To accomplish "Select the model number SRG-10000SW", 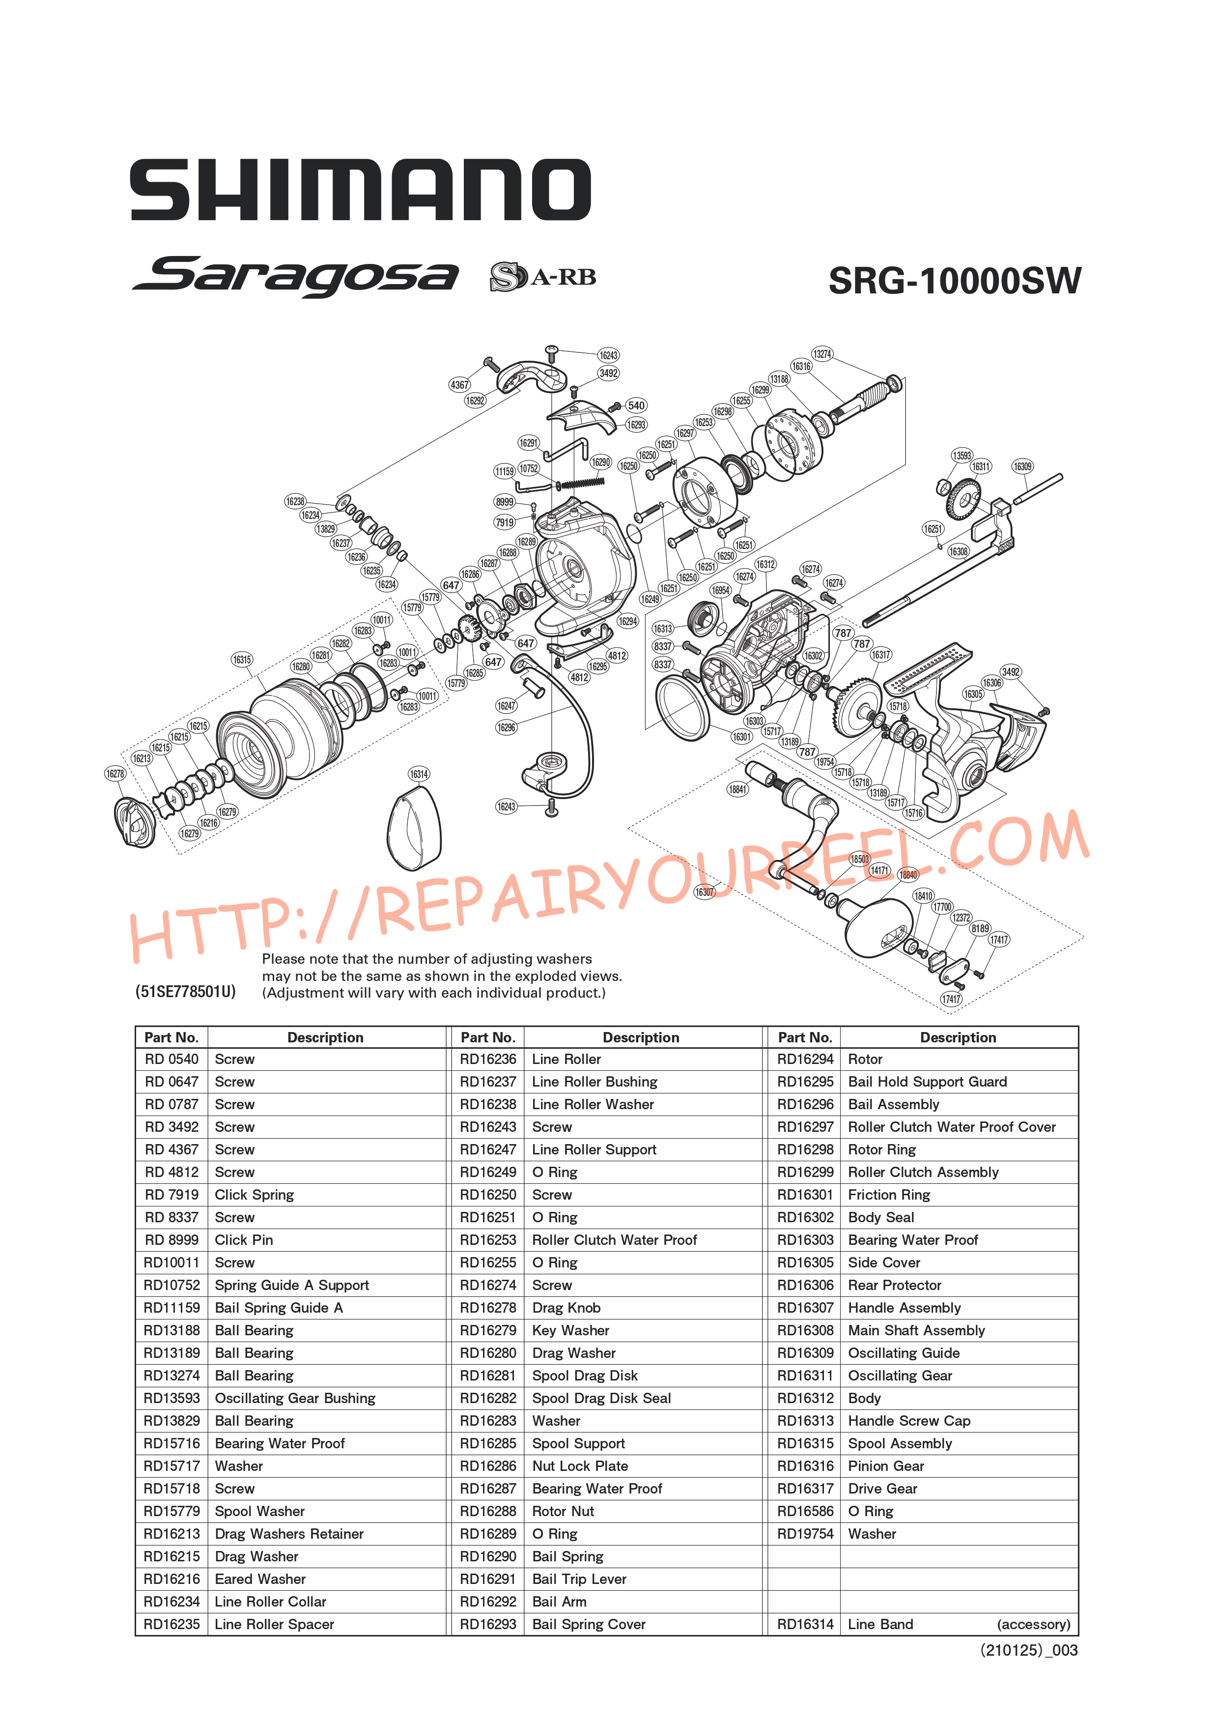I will [x=954, y=281].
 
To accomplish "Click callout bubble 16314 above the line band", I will [x=419, y=774].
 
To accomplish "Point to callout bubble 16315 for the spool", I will [x=242, y=660].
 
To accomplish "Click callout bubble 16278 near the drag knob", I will [x=115, y=774].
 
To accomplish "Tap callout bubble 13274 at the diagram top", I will [x=822, y=354].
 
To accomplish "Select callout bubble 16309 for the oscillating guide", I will [x=1022, y=466].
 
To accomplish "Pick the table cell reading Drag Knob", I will [x=566, y=1307].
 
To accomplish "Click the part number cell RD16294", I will [x=805, y=1059].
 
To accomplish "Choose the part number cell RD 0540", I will [x=172, y=1059].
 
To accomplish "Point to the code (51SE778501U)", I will [x=185, y=991].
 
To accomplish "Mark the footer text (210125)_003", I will [x=1028, y=1650].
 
